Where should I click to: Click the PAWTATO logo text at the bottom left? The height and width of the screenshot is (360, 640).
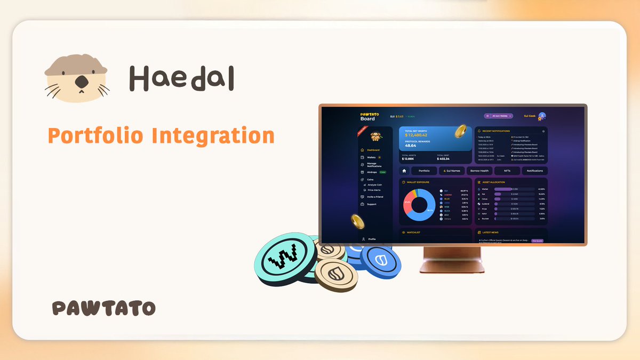coord(104,308)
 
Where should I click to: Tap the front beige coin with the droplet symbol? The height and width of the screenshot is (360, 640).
coord(336,275)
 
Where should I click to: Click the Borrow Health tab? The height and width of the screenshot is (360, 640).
coord(479,171)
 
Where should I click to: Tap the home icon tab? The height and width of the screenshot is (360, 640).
coord(404,171)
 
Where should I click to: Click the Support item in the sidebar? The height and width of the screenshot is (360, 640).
coord(371,204)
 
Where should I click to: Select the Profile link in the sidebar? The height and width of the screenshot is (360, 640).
coord(371,239)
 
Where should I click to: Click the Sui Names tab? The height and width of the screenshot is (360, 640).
coord(451,171)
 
